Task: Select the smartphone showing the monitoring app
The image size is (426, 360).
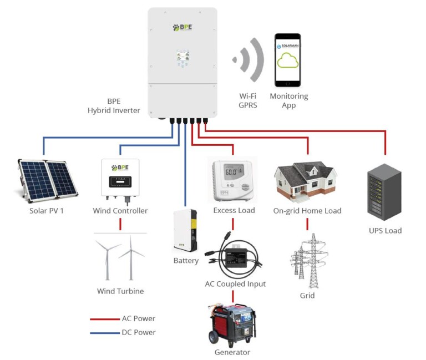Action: pos(288,60)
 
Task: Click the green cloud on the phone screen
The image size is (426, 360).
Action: pos(288,60)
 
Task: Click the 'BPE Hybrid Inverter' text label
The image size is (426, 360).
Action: pos(114,106)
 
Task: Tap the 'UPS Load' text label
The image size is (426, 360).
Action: pos(385,230)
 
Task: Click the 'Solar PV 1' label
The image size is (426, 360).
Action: pos(47,211)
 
